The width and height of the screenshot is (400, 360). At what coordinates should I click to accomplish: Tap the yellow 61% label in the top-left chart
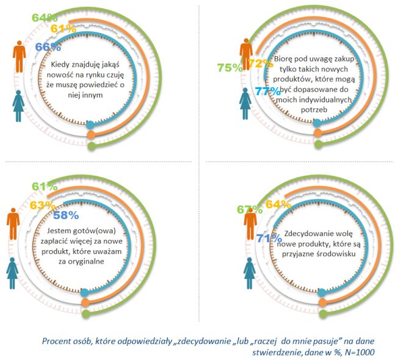(x=63, y=29)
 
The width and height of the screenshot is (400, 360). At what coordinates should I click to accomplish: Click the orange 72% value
(x=259, y=63)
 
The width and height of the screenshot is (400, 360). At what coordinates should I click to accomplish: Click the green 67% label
(x=250, y=210)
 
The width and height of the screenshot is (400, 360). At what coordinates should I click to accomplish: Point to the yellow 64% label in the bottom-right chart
(x=277, y=204)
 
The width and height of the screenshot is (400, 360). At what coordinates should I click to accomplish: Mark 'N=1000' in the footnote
(x=357, y=352)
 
